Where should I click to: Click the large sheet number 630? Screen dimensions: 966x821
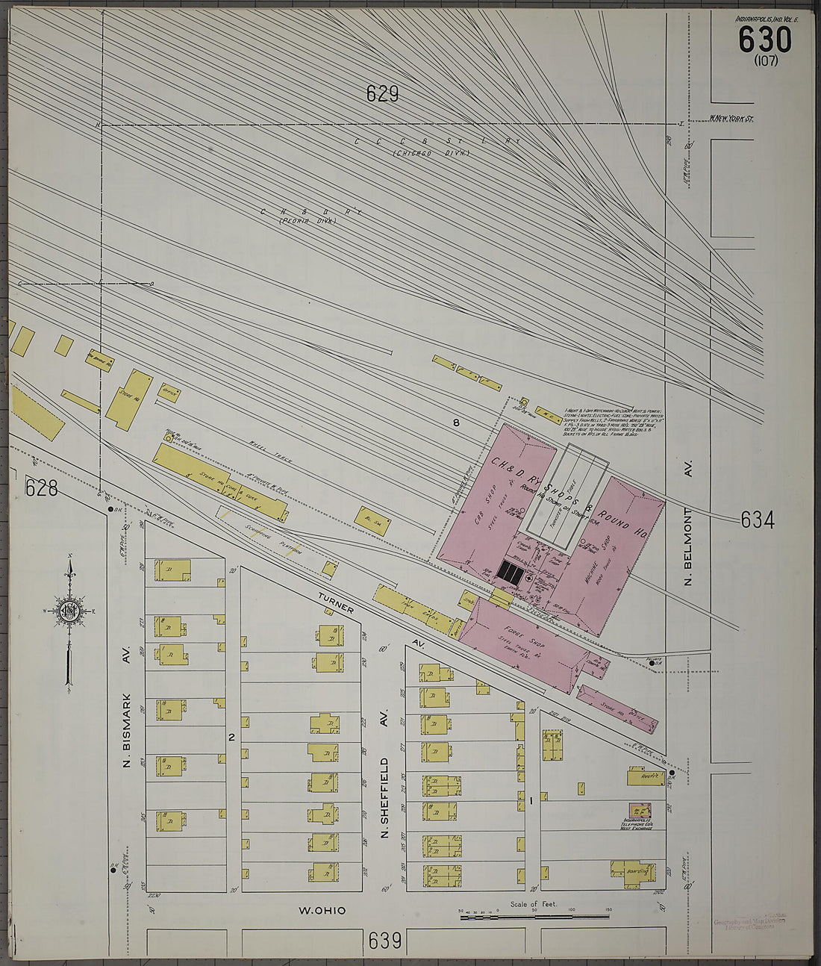pyautogui.click(x=764, y=39)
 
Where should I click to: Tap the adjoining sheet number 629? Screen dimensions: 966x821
pyautogui.click(x=382, y=94)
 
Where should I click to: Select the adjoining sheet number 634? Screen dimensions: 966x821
pyautogui.click(x=757, y=520)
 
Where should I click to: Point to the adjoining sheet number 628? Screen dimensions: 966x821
pyautogui.click(x=41, y=488)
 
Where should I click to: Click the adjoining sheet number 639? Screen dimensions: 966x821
pyautogui.click(x=384, y=940)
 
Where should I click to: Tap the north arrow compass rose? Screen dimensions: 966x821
pyautogui.click(x=69, y=610)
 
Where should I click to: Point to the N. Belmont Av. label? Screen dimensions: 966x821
pyautogui.click(x=688, y=523)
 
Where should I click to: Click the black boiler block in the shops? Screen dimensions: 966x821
pyautogui.click(x=511, y=573)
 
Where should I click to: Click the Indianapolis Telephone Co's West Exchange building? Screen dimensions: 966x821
pyautogui.click(x=640, y=810)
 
